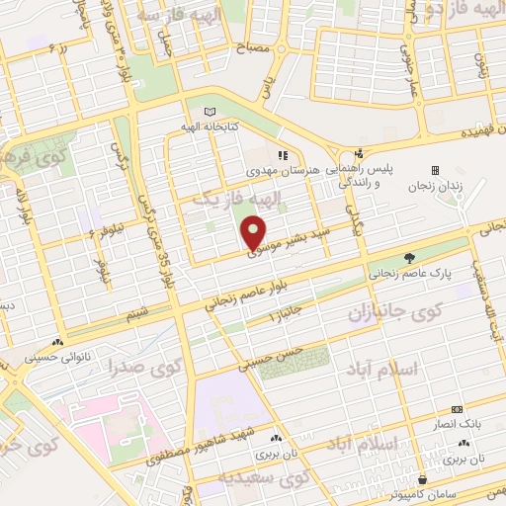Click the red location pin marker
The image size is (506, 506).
[254, 234]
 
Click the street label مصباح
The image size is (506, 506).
[252, 46]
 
